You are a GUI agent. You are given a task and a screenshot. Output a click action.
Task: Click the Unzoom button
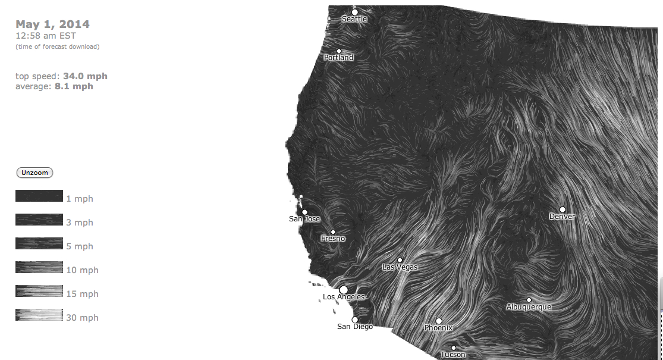pos(34,173)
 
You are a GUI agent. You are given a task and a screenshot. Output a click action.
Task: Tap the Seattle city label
pos(354,19)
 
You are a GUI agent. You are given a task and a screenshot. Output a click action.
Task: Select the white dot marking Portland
pos(339,51)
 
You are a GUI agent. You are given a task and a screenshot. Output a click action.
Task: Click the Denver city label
pos(562,217)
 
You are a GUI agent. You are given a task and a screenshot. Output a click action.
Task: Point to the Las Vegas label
pos(400,267)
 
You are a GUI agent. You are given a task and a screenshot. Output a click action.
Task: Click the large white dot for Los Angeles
pos(344,290)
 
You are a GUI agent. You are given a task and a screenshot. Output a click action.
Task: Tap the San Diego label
pos(355,326)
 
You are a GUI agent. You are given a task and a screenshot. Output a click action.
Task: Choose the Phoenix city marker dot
pos(439,321)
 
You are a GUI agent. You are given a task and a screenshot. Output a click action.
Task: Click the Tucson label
pos(453,355)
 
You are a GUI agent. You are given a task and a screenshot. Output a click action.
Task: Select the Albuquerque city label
pos(529,307)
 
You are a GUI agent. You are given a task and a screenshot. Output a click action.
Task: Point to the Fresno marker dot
pos(333,232)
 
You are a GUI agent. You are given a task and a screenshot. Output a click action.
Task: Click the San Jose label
pos(304,219)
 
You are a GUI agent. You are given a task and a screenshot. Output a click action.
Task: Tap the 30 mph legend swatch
pos(39,315)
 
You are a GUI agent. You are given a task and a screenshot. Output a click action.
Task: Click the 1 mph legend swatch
pos(39,196)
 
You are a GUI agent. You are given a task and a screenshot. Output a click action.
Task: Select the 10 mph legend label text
pos(82,270)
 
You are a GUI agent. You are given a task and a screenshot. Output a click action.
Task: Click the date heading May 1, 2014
pos(52,24)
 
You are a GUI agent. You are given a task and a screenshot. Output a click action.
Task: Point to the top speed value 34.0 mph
pos(85,76)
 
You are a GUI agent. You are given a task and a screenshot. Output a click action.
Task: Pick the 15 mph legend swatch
pos(39,291)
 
